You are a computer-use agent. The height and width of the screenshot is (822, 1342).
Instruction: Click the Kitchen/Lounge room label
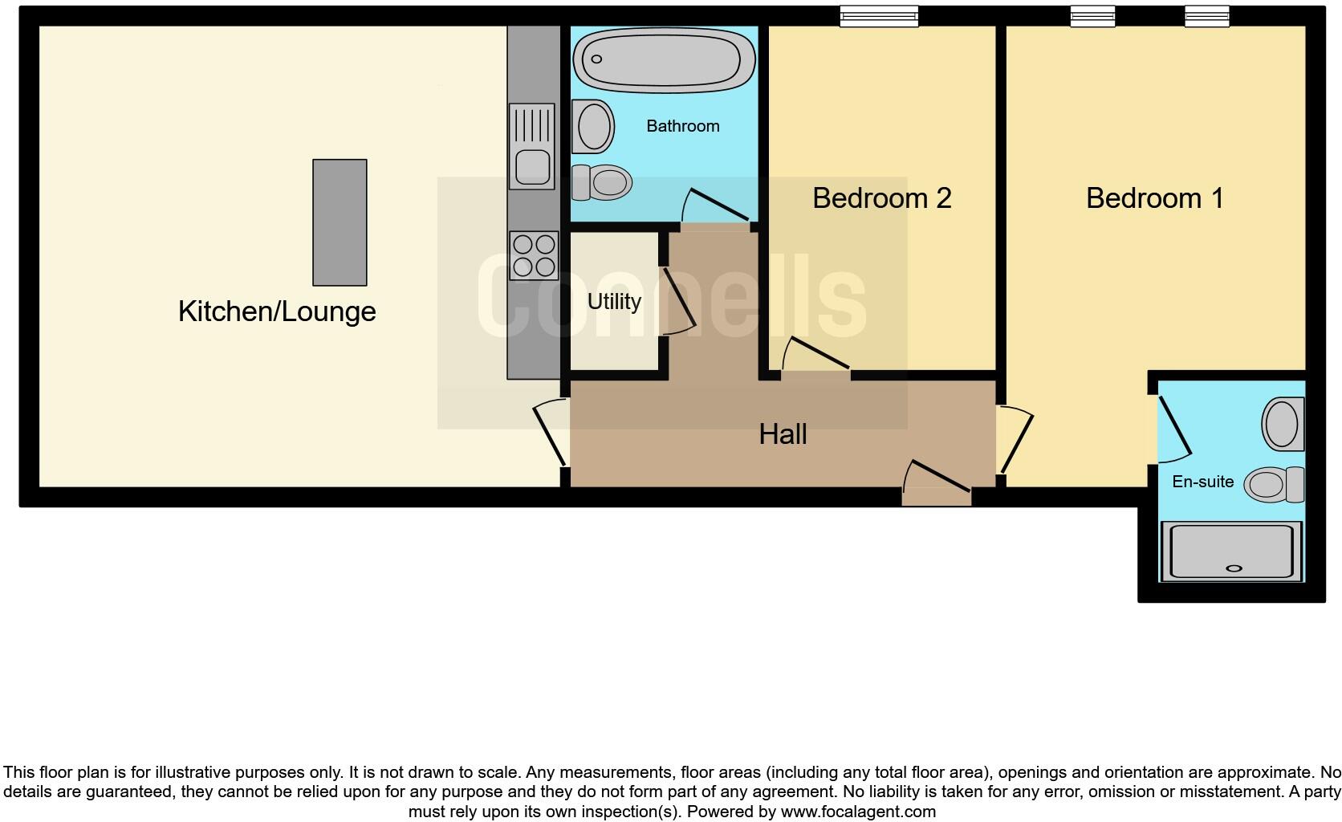tap(277, 311)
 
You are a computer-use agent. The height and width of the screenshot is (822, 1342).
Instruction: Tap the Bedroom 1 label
tap(1154, 198)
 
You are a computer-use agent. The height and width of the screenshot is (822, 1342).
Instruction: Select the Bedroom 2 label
tap(881, 198)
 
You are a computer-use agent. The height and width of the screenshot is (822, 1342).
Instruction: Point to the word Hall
tap(783, 434)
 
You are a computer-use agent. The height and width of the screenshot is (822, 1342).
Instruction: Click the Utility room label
tap(614, 302)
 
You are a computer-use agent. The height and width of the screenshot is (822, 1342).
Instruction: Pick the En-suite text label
tap(1202, 482)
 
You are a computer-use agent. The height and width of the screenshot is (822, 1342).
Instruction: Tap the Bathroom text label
tap(682, 126)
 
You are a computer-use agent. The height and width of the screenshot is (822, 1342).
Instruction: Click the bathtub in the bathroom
tap(663, 59)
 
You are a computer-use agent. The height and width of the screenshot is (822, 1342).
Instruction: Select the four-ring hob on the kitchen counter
tap(534, 255)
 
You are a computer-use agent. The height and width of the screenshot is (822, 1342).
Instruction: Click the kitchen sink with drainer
tap(532, 146)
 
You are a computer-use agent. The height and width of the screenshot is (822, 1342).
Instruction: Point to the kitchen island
tap(340, 222)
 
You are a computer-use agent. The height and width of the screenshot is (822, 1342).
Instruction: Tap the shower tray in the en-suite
tap(1232, 551)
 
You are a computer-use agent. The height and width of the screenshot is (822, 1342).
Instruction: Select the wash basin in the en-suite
tap(1283, 424)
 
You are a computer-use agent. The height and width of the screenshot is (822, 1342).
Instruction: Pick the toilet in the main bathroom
tap(602, 183)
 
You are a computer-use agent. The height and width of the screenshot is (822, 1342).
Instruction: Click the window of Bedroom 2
tap(878, 16)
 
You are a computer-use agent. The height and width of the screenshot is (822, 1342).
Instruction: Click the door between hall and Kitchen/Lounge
tap(551, 433)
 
